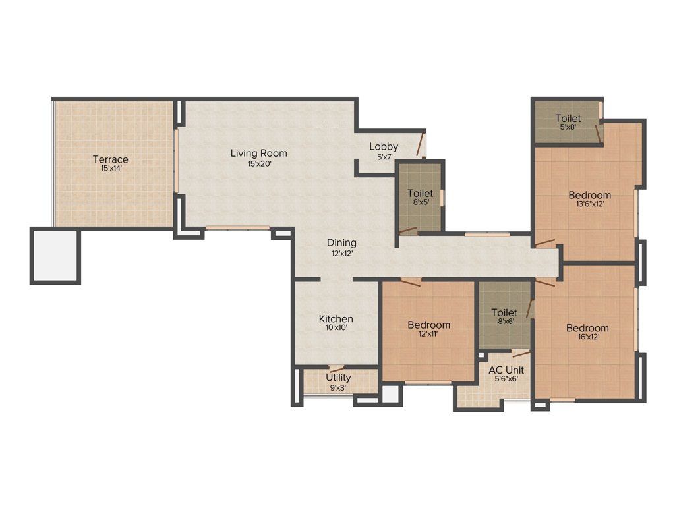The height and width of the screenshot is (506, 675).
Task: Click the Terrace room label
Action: pos(110,159)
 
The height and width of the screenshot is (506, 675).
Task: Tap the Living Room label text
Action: pos(258,154)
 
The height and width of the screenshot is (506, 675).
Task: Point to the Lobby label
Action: pos(383,146)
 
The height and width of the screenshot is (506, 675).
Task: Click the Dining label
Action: pos(341,242)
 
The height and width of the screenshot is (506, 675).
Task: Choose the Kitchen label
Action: pos(336,319)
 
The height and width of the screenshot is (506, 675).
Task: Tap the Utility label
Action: pos(338,378)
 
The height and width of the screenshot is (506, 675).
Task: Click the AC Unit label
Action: pos(506,370)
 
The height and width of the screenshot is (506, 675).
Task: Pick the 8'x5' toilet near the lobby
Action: pos(420,193)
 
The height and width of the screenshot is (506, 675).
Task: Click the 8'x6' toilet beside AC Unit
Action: pos(504,312)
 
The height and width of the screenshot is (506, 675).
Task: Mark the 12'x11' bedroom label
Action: pos(428,325)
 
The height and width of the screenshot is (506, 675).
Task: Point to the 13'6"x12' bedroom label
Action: pos(589,195)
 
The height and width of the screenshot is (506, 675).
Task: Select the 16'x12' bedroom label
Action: pos(587,328)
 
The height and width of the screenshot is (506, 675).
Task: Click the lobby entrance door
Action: pos(420,144)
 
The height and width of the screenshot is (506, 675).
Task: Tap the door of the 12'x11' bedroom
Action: pos(409,282)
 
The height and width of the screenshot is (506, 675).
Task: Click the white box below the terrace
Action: pos(55,256)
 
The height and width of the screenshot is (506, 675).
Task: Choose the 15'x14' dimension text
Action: pos(110,169)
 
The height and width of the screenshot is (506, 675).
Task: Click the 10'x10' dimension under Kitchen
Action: pos(336,327)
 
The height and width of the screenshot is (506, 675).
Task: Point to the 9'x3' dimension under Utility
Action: pos(338,387)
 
